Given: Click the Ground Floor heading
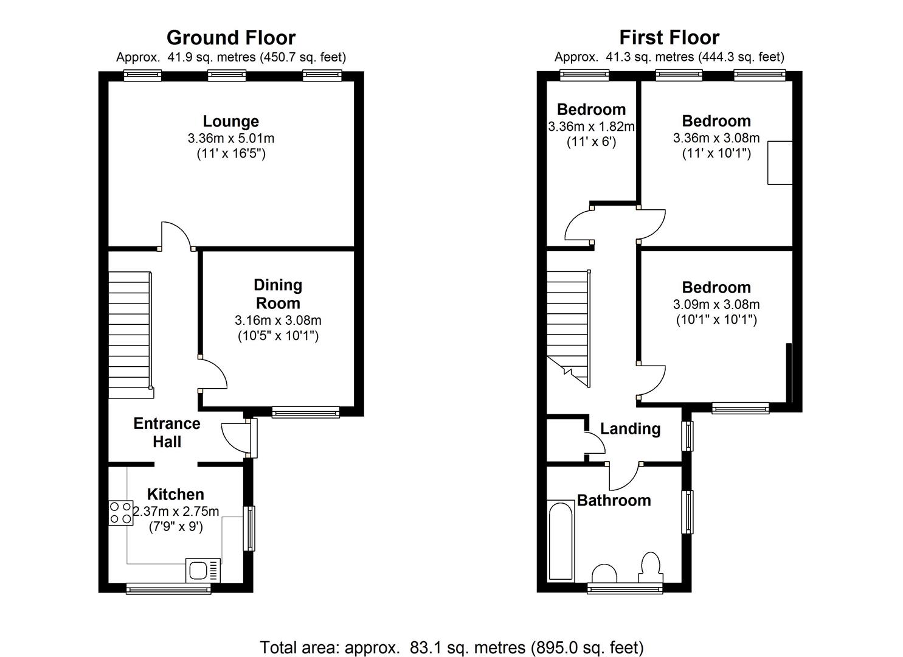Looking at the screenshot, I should pyautogui.click(x=230, y=38).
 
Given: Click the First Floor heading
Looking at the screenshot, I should pyautogui.click(x=669, y=38).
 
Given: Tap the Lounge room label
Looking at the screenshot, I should pyautogui.click(x=230, y=121).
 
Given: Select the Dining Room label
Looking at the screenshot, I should pyautogui.click(x=278, y=294).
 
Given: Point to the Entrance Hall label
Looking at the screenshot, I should pyautogui.click(x=167, y=433).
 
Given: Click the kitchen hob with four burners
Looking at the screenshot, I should pyautogui.click(x=120, y=512).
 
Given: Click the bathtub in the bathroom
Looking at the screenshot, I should pyautogui.click(x=561, y=540).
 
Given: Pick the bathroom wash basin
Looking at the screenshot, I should pyautogui.click(x=604, y=574).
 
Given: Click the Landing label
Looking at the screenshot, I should pyautogui.click(x=630, y=429).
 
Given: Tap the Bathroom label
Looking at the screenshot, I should pyautogui.click(x=614, y=500).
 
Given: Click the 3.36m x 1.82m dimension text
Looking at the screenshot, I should pyautogui.click(x=591, y=127).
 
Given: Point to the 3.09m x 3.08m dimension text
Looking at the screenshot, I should pyautogui.click(x=716, y=304).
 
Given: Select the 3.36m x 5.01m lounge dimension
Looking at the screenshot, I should pyautogui.click(x=230, y=138).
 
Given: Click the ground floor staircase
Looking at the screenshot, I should pyautogui.click(x=130, y=335).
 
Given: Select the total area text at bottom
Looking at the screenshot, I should pyautogui.click(x=451, y=647).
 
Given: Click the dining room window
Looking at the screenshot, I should pyautogui.click(x=305, y=412).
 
